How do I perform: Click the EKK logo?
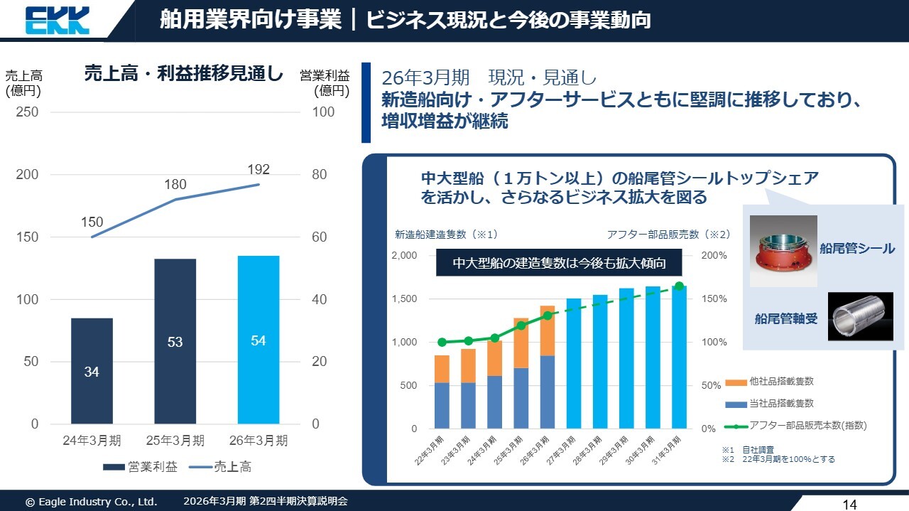58,20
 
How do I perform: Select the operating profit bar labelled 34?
92,370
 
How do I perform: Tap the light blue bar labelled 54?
258,340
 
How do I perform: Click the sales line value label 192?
258,169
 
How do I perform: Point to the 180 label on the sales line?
175,185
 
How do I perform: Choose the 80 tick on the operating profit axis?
320,175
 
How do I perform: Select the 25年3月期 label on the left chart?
175,441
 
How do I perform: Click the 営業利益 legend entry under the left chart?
141,467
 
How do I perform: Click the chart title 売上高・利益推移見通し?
183,74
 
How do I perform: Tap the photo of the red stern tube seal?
783,250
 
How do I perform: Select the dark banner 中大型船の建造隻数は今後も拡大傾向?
559,264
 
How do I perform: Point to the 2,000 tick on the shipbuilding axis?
405,255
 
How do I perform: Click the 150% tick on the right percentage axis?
714,299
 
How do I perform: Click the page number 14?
849,505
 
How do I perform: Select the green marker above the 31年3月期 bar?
679,286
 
